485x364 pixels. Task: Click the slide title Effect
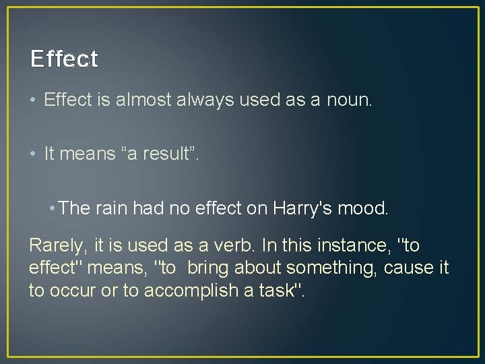(64, 59)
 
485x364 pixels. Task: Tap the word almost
(143, 101)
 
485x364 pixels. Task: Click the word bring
(209, 268)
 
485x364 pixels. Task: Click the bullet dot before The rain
(52, 208)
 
